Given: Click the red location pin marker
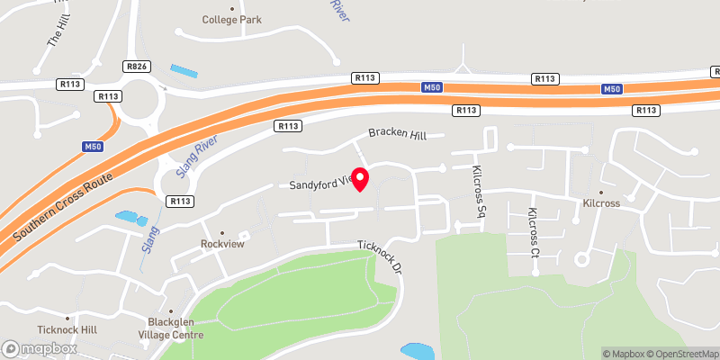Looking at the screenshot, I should tap(360, 179).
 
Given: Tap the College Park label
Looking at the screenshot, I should tap(231, 19).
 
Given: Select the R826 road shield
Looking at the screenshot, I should tap(136, 66).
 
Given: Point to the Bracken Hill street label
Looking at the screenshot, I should tap(406, 134).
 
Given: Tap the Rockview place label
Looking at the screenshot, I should tap(222, 244).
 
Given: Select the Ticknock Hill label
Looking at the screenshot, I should tap(66, 330).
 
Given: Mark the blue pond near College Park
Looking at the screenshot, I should tap(183, 70).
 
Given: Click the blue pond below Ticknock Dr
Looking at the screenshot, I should tap(415, 349).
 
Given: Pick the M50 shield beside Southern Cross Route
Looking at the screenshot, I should tap(93, 146).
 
